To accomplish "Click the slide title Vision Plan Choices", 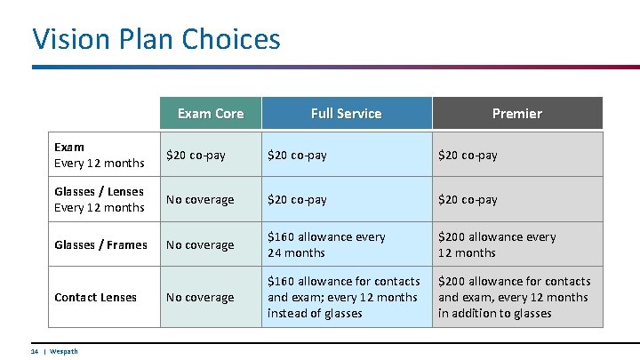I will pos(156,38).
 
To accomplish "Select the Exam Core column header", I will pos(210,113).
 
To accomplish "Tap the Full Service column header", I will pos(346,113).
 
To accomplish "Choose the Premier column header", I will pos(516,113).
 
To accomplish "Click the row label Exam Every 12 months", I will pos(99,155).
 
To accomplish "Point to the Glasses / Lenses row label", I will pos(99,199).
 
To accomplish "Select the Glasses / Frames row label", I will pos(100,244).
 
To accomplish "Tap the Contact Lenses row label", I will pos(95,297).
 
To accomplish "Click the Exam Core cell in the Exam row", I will pos(196,155).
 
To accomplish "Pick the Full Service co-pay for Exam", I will pos(297,155).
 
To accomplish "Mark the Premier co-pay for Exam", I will pos(468,155).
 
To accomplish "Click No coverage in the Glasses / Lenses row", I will pos(200,199).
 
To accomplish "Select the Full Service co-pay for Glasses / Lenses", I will pos(297,199).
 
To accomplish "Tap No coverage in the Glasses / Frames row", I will pos(200,244).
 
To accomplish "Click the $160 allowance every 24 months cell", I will pos(326,244).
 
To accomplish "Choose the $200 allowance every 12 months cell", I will pos(497,244).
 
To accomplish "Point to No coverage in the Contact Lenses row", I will pos(200,297).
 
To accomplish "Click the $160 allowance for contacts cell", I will pos(342,297).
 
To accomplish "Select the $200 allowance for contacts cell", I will pos(514,297).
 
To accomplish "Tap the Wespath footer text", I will pos(63,351).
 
